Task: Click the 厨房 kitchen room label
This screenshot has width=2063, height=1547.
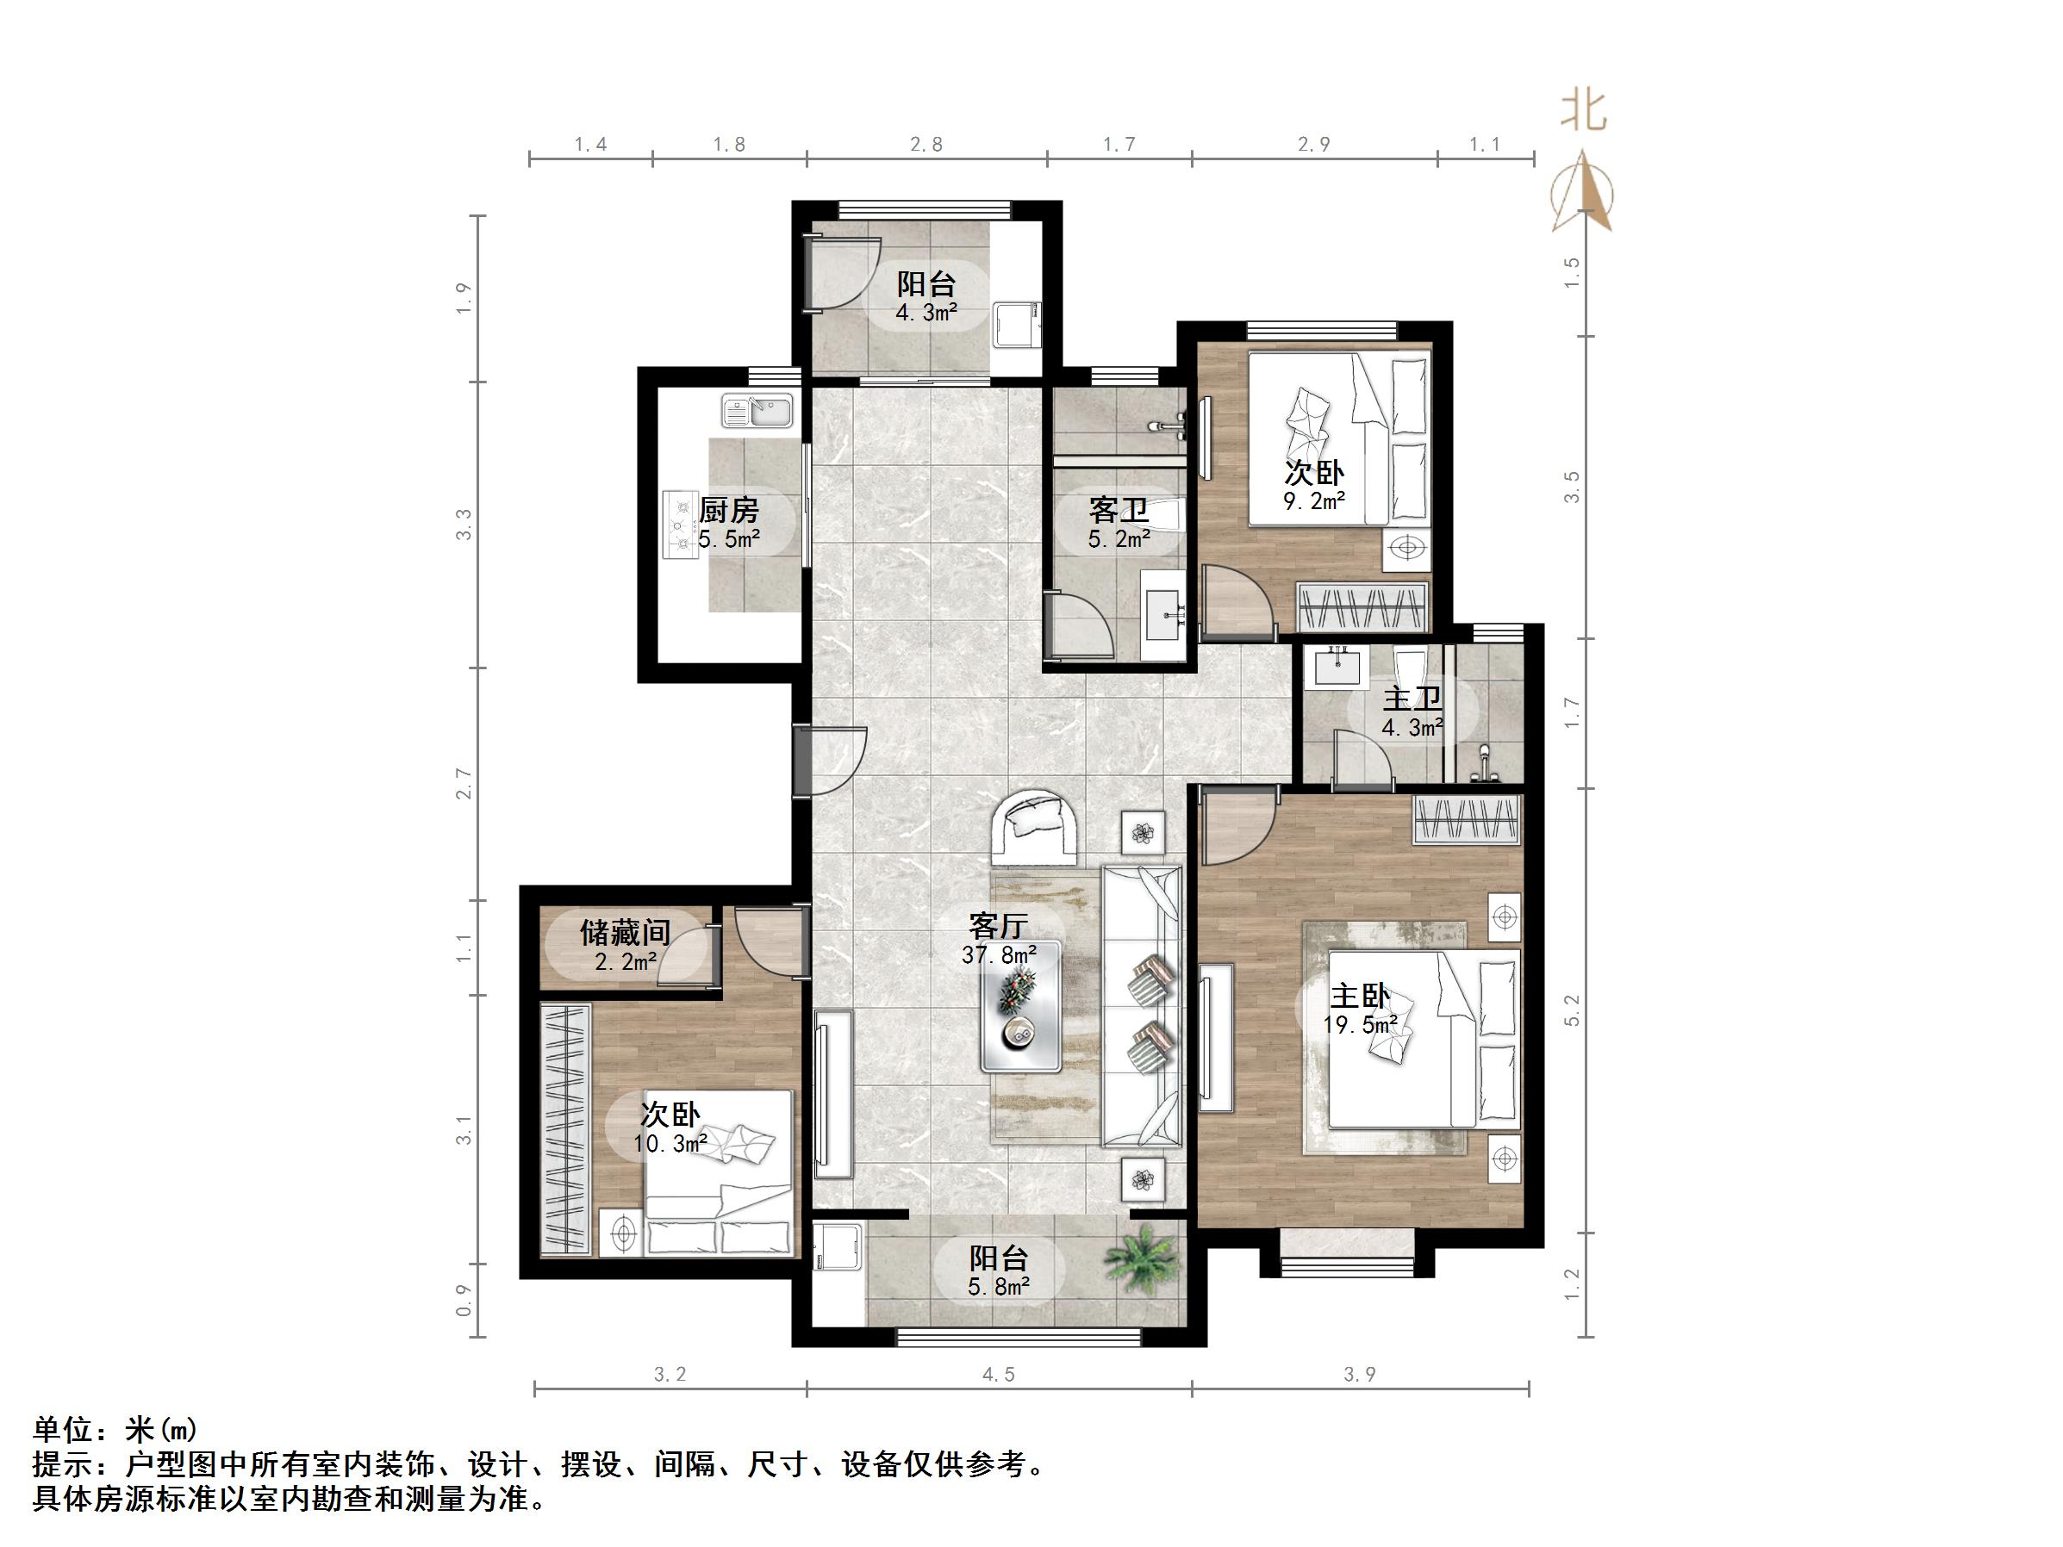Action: point(728,511)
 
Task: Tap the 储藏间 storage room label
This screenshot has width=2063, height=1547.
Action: point(625,931)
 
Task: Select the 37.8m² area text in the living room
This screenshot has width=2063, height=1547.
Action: point(999,955)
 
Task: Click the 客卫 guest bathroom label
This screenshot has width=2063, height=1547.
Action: point(1119,511)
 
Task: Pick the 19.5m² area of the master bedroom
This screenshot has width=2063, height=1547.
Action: point(1359,1025)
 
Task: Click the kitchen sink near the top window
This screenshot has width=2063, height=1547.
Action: point(757,411)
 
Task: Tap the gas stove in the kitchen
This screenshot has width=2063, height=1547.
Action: point(680,525)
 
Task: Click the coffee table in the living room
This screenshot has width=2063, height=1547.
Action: point(1020,1005)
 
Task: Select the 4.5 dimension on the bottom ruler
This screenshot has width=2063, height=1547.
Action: point(998,1376)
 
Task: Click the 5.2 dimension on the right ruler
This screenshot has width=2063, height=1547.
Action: point(1573,1010)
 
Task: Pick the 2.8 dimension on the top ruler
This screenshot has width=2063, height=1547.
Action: point(926,145)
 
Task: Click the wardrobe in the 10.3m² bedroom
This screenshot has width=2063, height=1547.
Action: point(565,1128)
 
